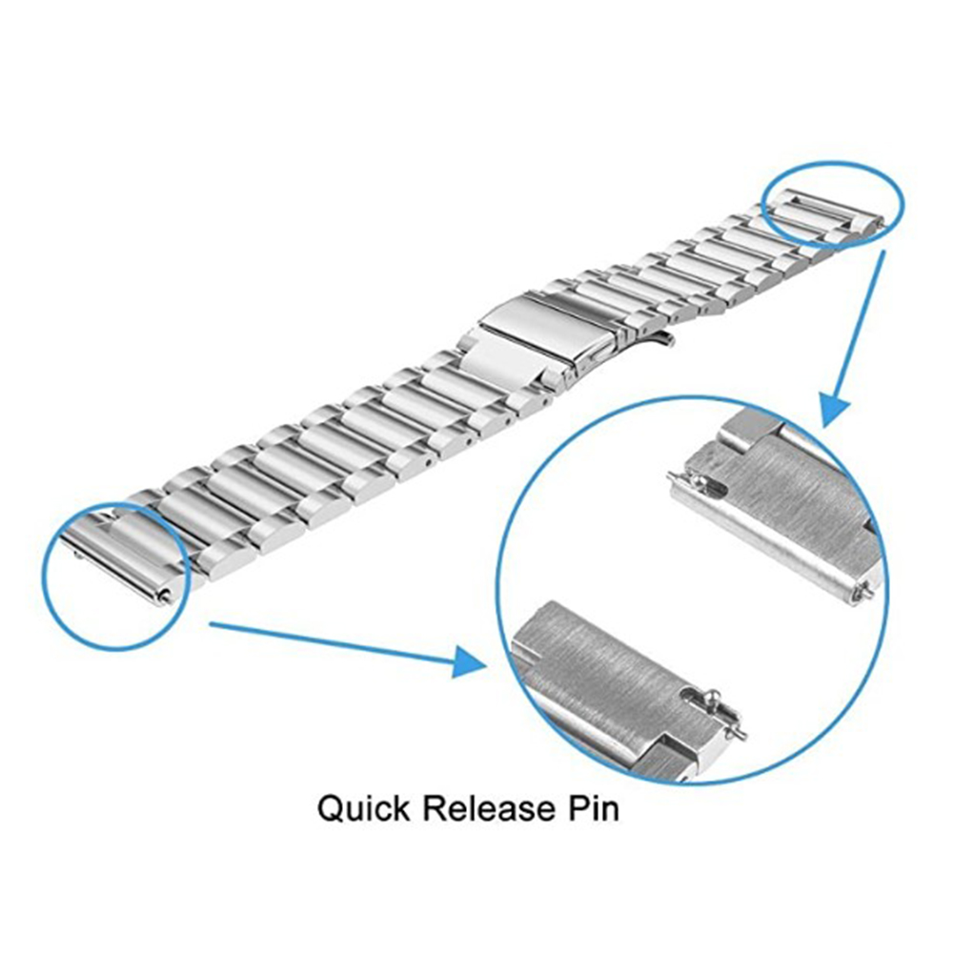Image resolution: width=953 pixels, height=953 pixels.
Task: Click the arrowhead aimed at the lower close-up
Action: coord(473,659)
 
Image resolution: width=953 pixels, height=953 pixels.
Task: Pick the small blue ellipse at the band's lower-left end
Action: coord(115,576)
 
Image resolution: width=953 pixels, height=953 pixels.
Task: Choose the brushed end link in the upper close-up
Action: coord(781,515)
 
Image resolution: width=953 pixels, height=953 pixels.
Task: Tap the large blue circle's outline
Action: coord(497,591)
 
